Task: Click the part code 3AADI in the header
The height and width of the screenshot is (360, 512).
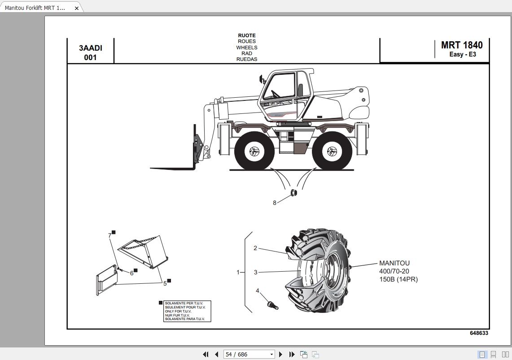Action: click(x=90, y=48)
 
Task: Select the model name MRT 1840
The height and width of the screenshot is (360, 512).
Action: click(x=462, y=45)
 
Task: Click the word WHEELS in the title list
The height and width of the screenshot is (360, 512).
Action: click(x=247, y=48)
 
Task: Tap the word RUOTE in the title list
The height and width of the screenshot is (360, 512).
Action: click(x=247, y=35)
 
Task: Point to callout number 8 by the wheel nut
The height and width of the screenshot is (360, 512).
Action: click(x=275, y=203)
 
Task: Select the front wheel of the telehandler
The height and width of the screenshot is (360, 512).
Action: click(x=254, y=151)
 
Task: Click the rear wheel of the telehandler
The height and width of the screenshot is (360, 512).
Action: click(x=332, y=151)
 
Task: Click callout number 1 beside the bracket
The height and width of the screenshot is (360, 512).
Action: click(x=238, y=272)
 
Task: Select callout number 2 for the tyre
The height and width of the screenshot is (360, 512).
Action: click(x=255, y=248)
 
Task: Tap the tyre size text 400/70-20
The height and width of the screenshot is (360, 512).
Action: click(x=394, y=271)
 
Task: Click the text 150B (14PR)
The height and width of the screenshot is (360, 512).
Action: click(x=398, y=279)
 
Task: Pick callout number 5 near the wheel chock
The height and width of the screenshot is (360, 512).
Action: click(x=165, y=283)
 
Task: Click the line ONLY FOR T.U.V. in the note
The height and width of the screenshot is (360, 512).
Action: click(x=178, y=311)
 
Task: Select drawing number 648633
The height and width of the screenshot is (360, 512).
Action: click(x=479, y=333)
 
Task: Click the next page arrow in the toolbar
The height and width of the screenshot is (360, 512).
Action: click(x=281, y=354)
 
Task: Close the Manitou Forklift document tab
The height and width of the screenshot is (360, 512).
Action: click(x=76, y=8)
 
